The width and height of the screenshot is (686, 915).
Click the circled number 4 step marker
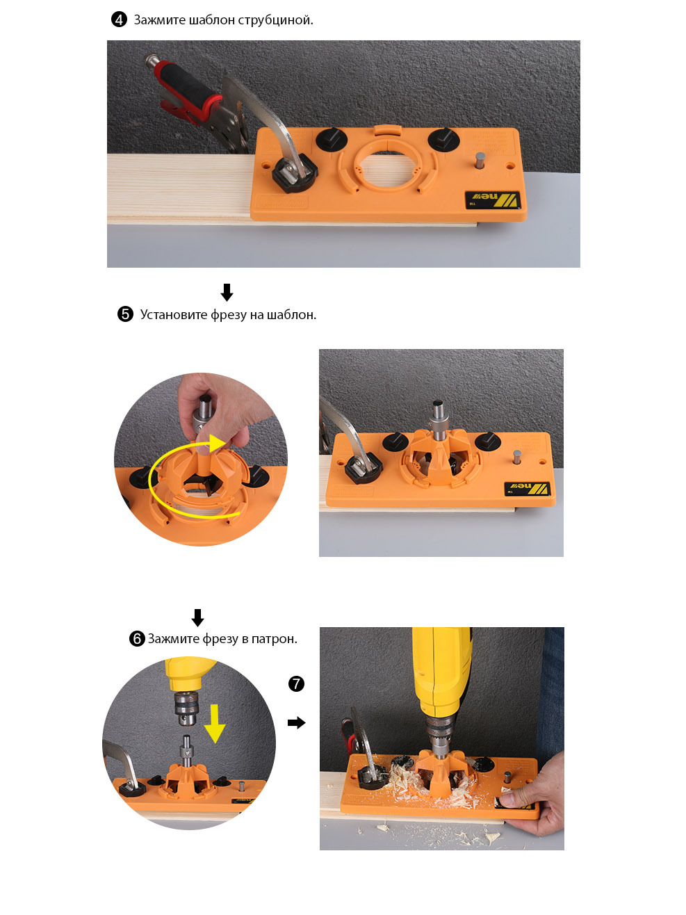tap(119, 19)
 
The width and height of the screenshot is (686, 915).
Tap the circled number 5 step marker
tap(125, 314)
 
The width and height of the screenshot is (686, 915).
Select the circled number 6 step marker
tap(137, 638)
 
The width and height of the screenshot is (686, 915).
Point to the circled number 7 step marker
tap(296, 683)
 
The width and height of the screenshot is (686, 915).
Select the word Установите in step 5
tap(173, 315)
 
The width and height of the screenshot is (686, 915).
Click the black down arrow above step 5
tap(227, 292)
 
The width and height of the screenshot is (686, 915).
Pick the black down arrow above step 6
tap(197, 617)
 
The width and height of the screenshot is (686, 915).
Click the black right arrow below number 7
tap(296, 722)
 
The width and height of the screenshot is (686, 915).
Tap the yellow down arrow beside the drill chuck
tap(215, 723)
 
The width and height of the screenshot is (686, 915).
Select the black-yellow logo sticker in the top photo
tap(493, 200)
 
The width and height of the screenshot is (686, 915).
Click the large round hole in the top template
tap(387, 168)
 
